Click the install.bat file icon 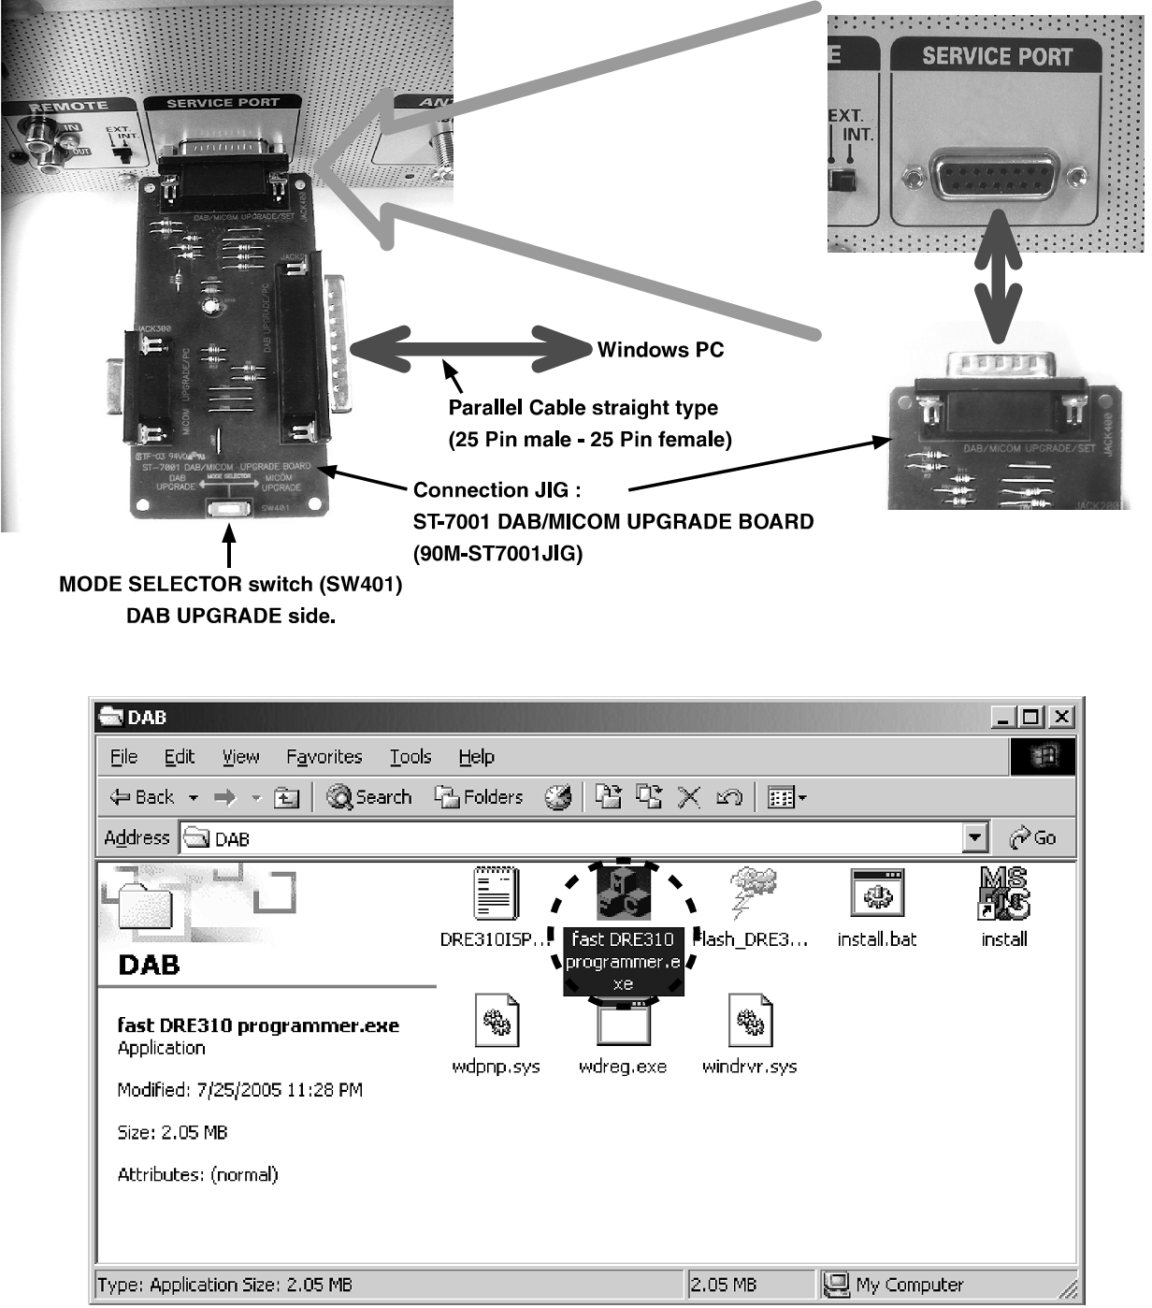pos(876,894)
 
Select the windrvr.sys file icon pos(750,1022)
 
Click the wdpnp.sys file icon pos(496,1022)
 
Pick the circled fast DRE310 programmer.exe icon pos(623,893)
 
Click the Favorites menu pos(324,757)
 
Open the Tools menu pos(410,757)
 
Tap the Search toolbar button pos(369,797)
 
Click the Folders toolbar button pos(480,797)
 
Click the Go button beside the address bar pos(1033,837)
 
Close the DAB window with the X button pos(1061,718)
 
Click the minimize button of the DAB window pos(1003,718)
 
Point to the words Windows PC pos(660,350)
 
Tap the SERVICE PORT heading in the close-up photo pos(997,56)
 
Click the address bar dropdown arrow pos(975,837)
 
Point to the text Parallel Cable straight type pos(583,408)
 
